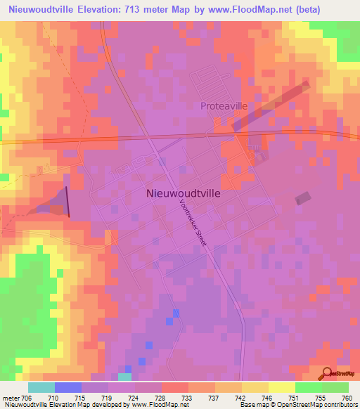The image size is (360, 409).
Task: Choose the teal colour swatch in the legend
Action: coord(41,387)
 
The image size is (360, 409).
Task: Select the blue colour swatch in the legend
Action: coord(68,387)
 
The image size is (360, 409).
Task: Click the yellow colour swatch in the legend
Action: coord(282,387)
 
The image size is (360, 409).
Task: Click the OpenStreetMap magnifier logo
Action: coord(326,374)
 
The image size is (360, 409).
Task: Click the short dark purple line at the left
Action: coord(68,202)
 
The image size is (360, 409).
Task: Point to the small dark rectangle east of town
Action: coord(302,199)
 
